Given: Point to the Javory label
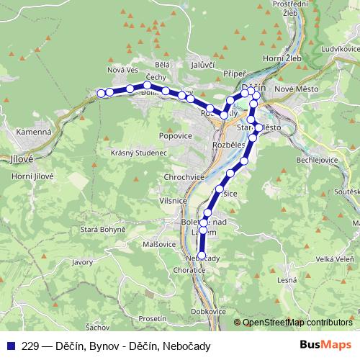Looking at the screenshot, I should tap(83, 264).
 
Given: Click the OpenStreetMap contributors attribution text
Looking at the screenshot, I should tap(297, 322).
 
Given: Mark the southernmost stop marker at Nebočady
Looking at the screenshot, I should tap(202, 255).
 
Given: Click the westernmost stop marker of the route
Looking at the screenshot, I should tap(102, 92).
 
